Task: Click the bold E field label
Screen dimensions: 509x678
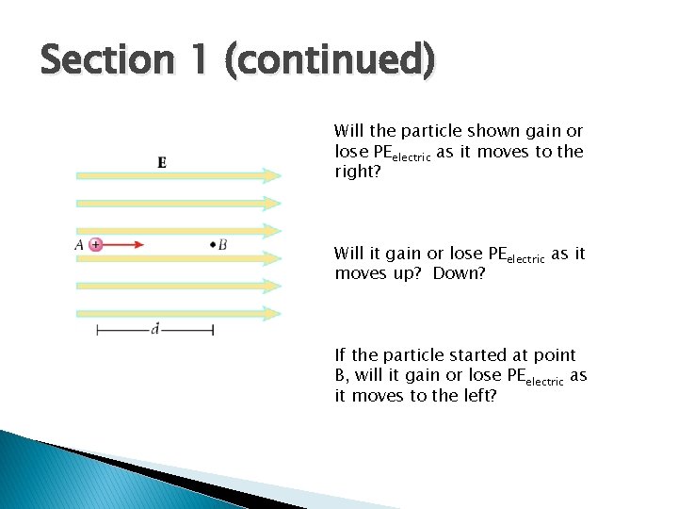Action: [x=163, y=162]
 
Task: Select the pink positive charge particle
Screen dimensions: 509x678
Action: [x=95, y=245]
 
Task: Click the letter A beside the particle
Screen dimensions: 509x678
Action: [x=79, y=245]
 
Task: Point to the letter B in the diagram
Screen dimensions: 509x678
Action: [x=222, y=245]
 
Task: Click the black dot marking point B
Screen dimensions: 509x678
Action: [x=213, y=245]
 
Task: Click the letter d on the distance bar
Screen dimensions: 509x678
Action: [x=154, y=329]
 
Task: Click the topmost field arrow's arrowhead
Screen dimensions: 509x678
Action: [x=271, y=175]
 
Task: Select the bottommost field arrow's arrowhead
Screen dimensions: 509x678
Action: [x=271, y=313]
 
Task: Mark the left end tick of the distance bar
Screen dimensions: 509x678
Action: [x=97, y=330]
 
